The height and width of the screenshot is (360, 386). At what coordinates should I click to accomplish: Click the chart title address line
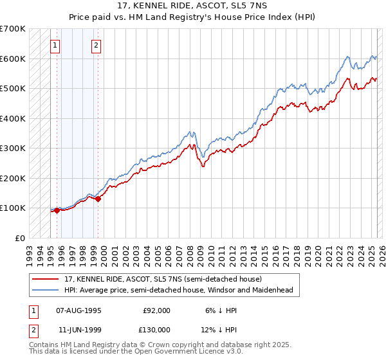(192, 6)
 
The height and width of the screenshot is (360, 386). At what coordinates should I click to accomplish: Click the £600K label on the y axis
(12, 59)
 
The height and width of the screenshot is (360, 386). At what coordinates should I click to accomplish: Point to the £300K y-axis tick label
(12, 148)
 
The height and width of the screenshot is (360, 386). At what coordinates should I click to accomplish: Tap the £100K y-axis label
(12, 208)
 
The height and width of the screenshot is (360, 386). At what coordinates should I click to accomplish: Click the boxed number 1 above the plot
(55, 45)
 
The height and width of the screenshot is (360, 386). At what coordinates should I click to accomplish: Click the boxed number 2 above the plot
(96, 45)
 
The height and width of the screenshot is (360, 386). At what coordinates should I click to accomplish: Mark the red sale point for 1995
(57, 210)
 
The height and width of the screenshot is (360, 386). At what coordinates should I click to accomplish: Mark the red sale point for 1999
(98, 199)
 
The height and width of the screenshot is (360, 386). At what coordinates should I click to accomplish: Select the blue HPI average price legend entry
(178, 291)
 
